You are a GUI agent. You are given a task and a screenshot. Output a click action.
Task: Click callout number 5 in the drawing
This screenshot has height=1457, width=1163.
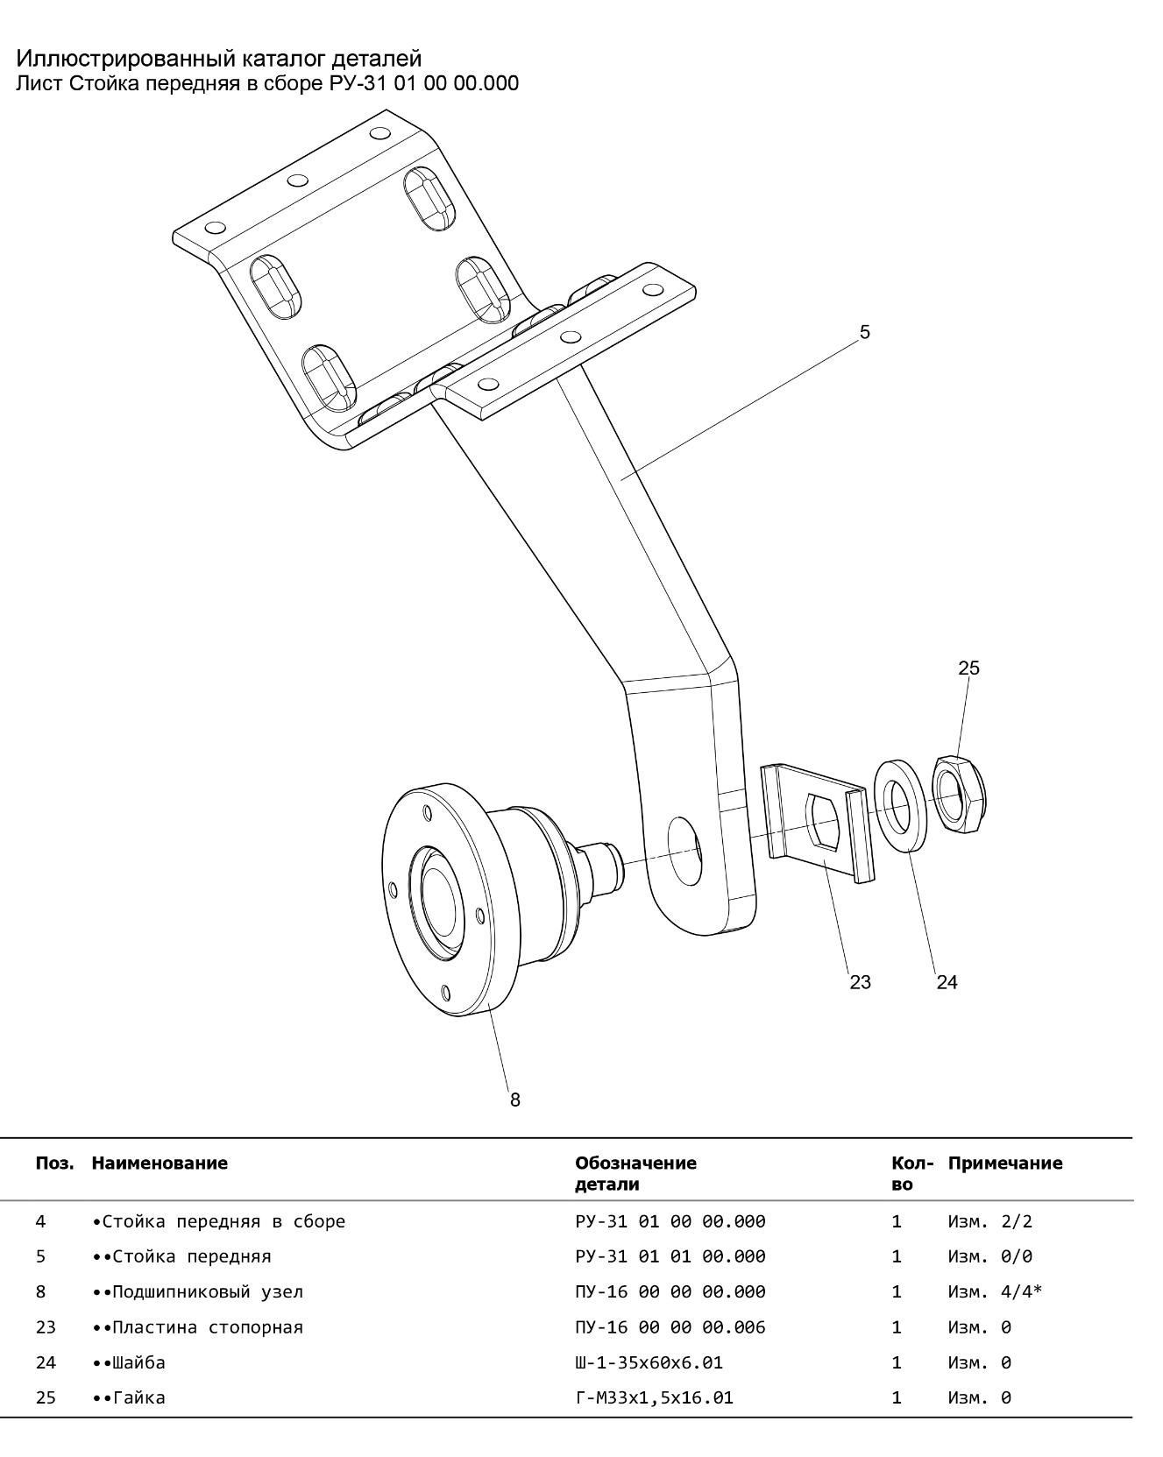(x=864, y=332)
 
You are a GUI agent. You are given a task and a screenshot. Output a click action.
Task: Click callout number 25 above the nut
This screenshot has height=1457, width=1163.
(x=968, y=668)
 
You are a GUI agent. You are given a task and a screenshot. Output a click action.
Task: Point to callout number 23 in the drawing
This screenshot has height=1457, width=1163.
(x=861, y=982)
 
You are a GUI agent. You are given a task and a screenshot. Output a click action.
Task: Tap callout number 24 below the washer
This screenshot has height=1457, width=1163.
(x=947, y=982)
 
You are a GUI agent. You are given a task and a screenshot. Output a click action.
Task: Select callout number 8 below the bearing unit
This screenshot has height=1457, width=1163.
(x=515, y=1100)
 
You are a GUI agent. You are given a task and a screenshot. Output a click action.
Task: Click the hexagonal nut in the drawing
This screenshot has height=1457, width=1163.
(x=960, y=794)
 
